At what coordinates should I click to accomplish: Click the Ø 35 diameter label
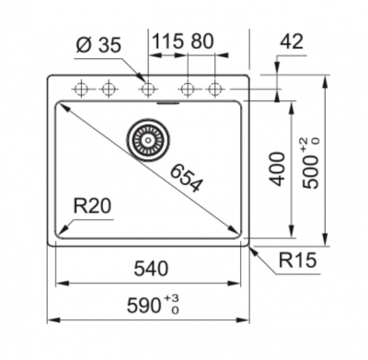coord(98,45)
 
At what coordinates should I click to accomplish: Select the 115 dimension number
coord(168,41)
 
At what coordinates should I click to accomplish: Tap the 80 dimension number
coord(201,41)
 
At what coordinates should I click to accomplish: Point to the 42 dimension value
coord(292,41)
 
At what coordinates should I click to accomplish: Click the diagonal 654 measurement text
coord(187,179)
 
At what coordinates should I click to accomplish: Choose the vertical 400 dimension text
coord(279,168)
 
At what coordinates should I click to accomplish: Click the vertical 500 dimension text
coord(310,172)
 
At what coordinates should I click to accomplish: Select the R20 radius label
coord(92,206)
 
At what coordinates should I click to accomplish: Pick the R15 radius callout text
coord(297,261)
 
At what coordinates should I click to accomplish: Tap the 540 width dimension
coord(151,268)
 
